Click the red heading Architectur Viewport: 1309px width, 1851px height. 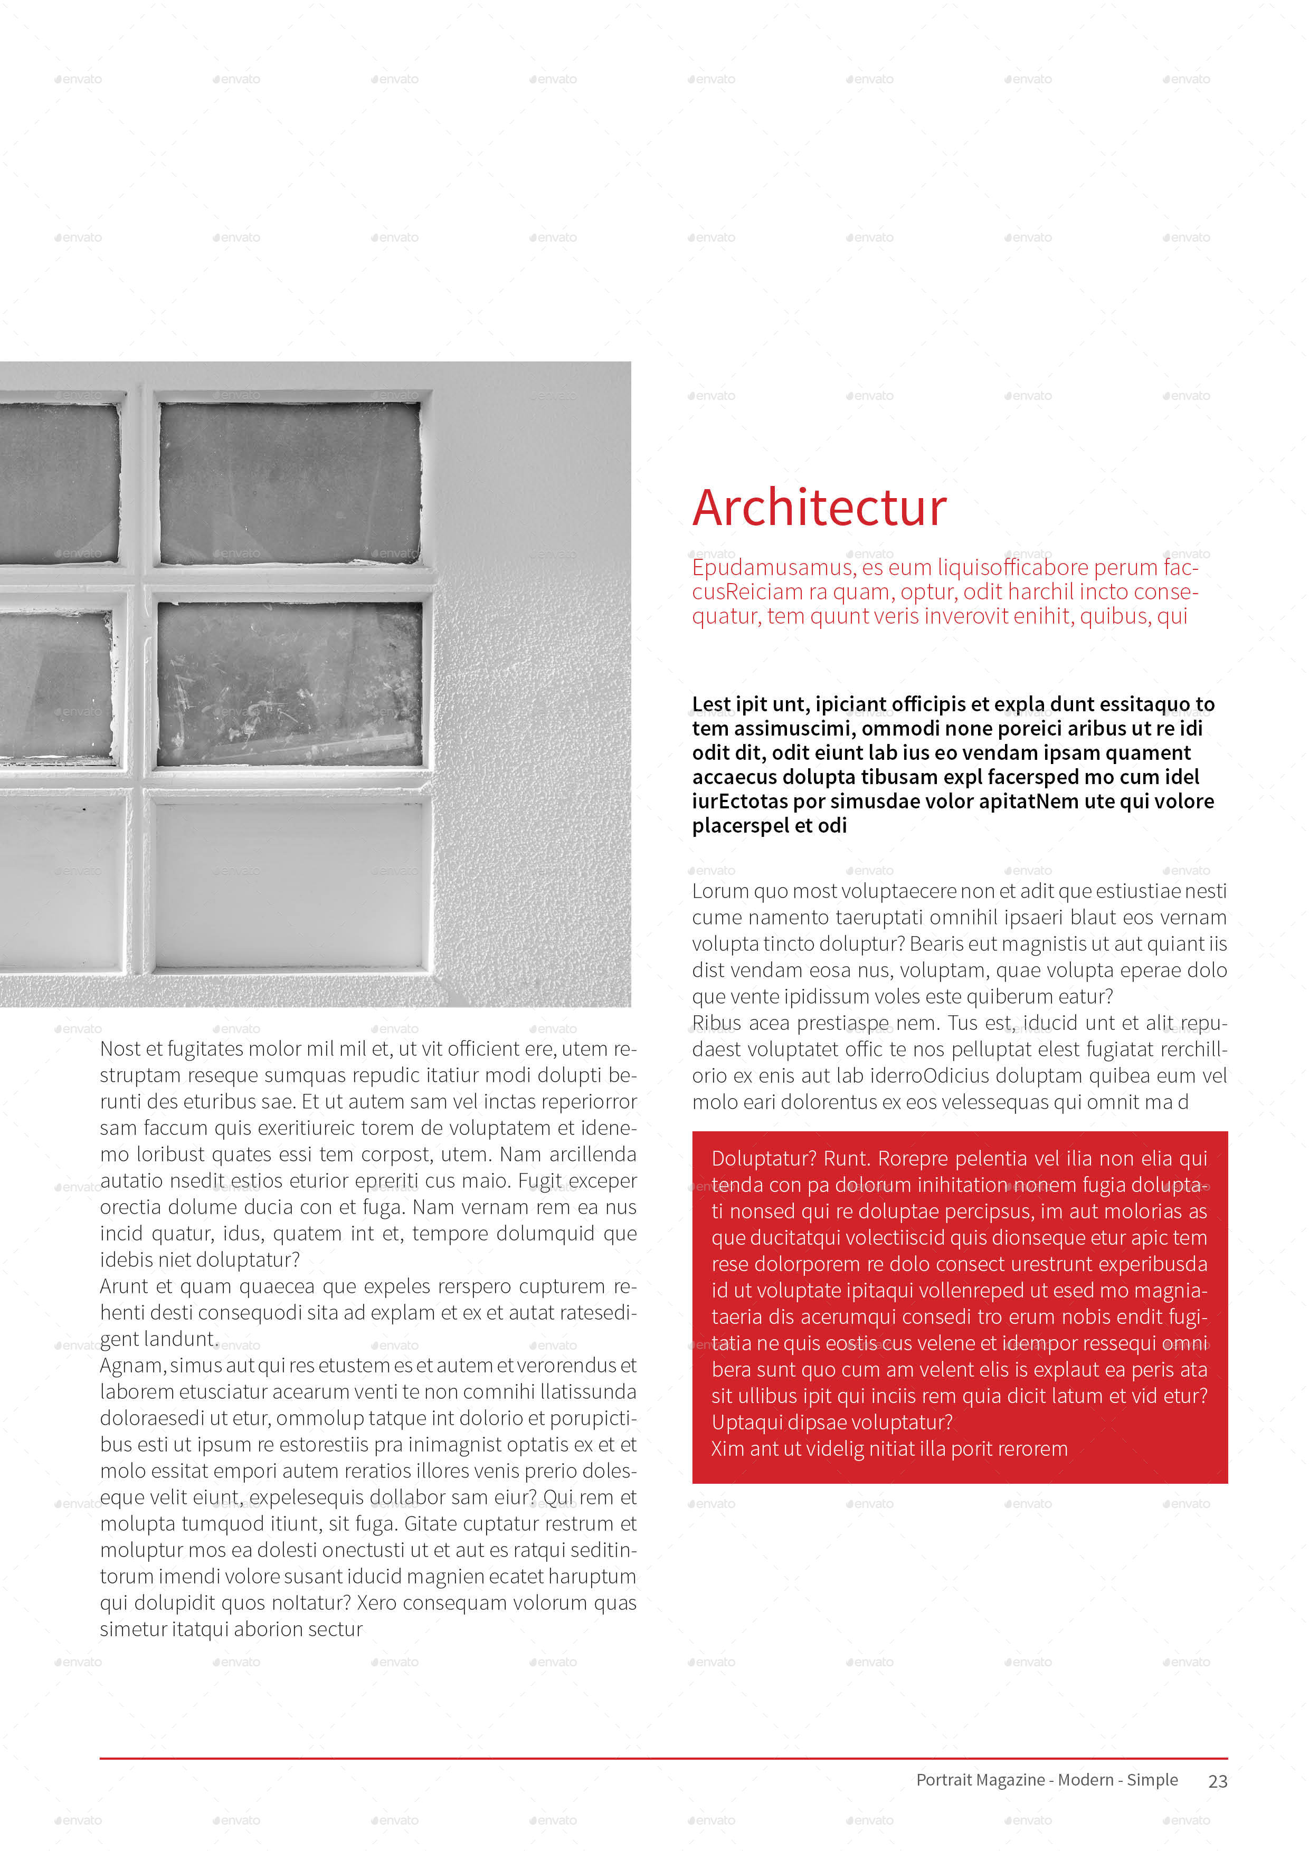coord(819,508)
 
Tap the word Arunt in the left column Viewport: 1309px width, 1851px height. coord(124,1286)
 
